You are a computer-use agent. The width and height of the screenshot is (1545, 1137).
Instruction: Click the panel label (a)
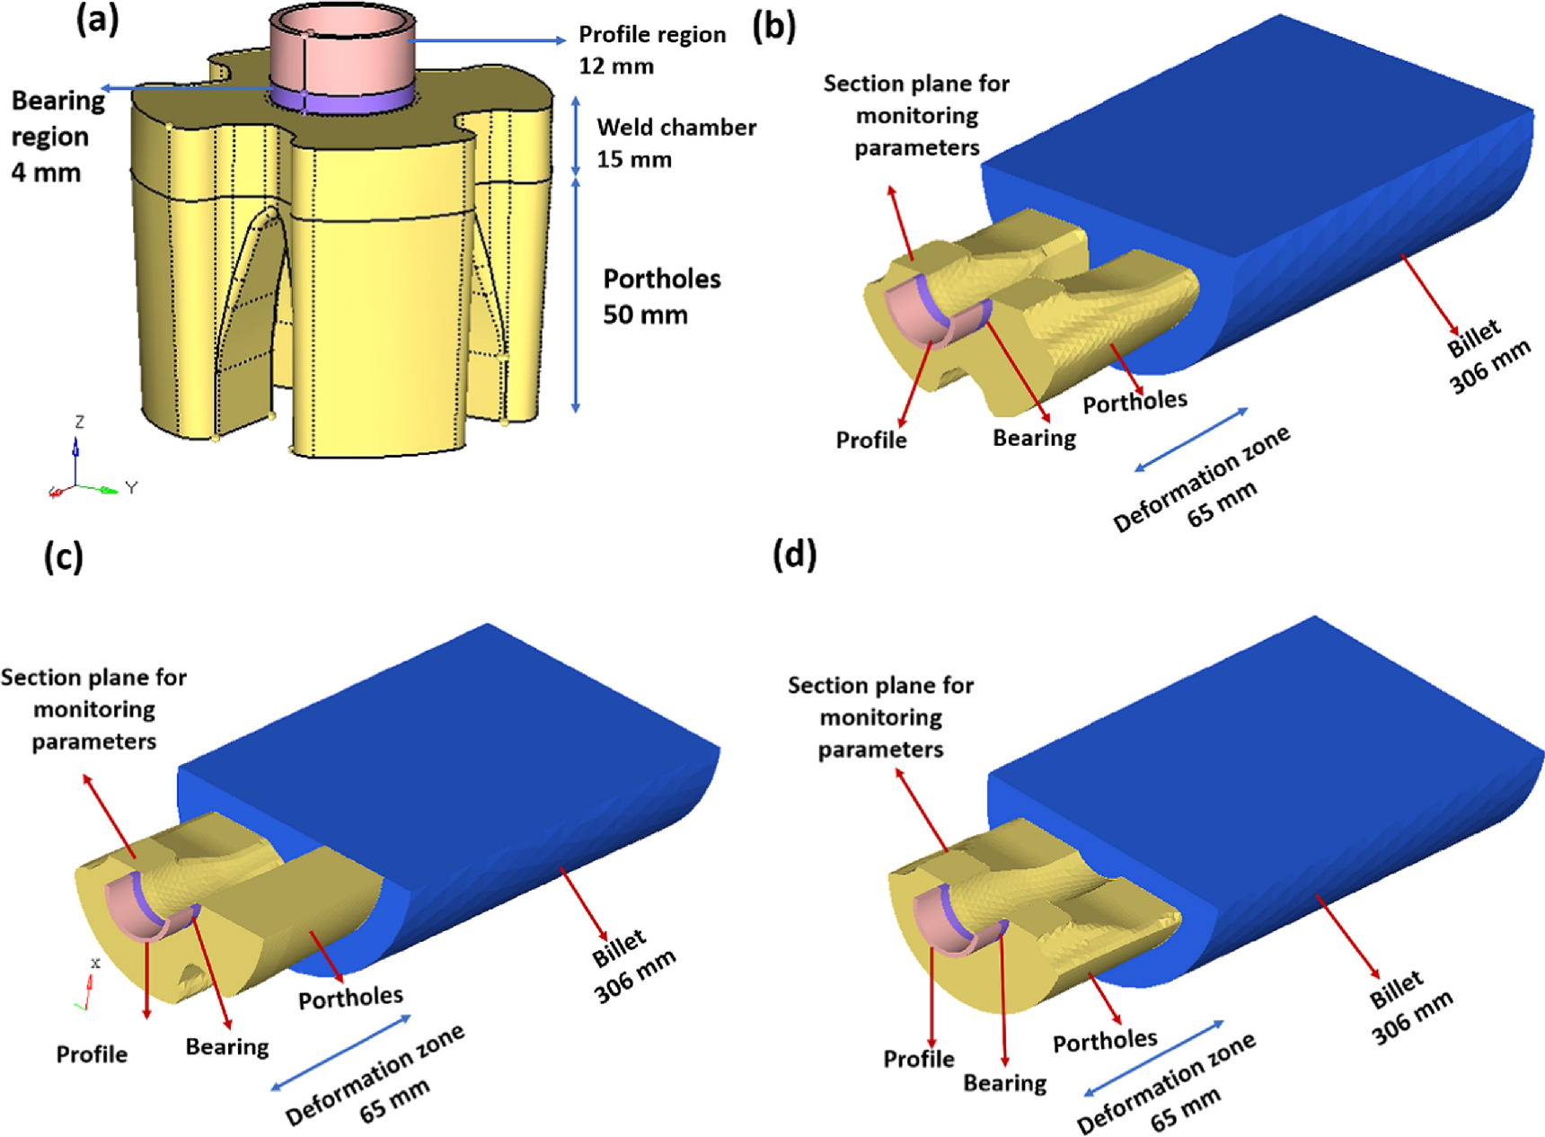[97, 20]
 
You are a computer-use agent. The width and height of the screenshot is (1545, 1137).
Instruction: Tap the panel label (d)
[794, 555]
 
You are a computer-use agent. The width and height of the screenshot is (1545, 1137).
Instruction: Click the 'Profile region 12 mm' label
[651, 49]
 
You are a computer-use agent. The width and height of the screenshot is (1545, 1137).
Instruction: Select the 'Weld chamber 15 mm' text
[675, 143]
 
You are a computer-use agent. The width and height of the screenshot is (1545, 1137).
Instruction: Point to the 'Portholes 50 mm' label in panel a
[661, 297]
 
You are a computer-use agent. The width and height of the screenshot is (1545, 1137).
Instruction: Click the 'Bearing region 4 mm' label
[57, 137]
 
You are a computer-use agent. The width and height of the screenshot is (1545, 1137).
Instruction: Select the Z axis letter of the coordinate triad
[80, 422]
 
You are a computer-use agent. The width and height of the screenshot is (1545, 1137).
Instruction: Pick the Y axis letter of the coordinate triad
[132, 487]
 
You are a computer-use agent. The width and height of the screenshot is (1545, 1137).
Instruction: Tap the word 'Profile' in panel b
[870, 440]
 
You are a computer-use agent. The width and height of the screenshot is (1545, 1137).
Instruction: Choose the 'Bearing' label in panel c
[226, 1047]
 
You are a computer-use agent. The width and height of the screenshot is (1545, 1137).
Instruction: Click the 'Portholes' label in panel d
[1105, 1041]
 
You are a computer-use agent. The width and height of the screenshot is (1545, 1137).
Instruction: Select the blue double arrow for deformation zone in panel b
[1191, 440]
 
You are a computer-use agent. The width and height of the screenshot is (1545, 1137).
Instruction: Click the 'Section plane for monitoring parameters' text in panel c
[94, 709]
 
